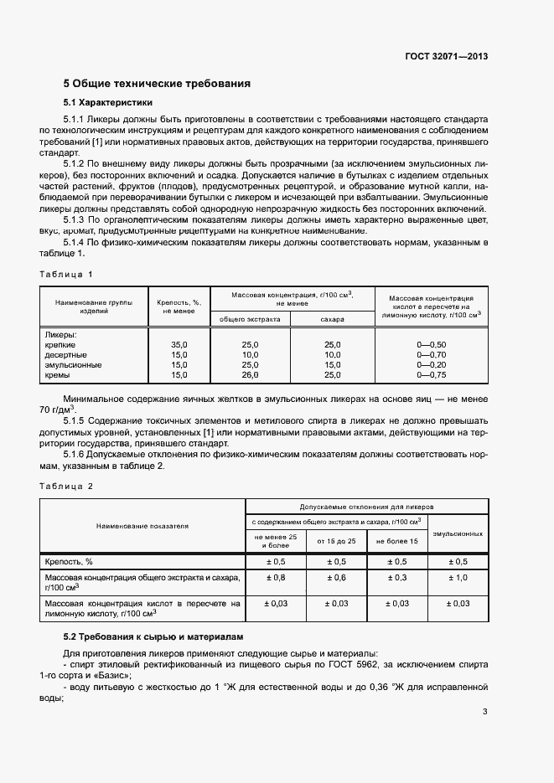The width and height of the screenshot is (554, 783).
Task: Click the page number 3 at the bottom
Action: (485, 713)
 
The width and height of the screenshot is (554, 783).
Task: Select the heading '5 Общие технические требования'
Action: (158, 84)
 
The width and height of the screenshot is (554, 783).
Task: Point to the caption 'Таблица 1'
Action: (66, 274)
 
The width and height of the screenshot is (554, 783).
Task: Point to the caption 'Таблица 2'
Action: (66, 486)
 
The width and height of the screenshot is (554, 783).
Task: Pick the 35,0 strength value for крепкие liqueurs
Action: (179, 345)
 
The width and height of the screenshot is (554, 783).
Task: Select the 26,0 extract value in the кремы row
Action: (250, 375)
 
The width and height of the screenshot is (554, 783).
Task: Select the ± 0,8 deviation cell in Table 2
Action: (275, 578)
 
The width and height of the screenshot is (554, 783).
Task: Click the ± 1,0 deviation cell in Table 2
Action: (458, 578)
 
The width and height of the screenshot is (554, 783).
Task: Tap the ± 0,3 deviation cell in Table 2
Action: (396, 578)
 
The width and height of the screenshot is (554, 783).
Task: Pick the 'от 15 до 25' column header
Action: (336, 542)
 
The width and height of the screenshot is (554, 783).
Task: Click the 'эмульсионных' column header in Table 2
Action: (458, 533)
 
